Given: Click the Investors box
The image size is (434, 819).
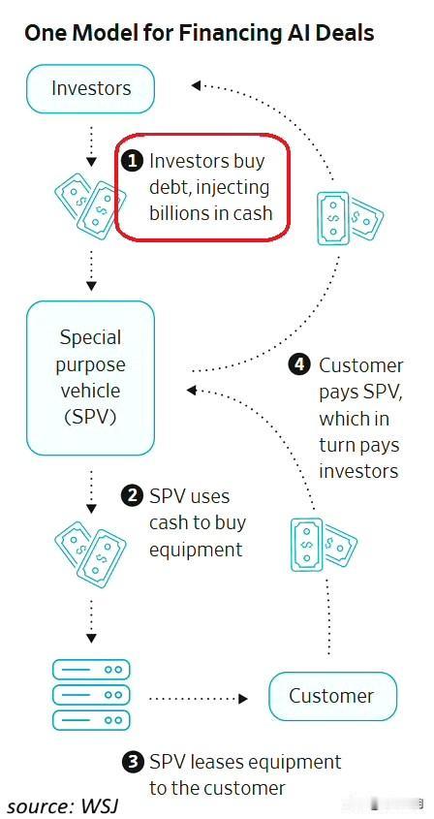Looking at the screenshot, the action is point(90,89).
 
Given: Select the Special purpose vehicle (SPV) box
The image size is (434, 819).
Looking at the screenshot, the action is point(90,378).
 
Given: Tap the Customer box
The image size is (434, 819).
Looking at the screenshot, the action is point(332,696).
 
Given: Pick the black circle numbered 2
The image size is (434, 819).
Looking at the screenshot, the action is point(132,495).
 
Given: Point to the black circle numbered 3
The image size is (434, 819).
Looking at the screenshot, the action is point(132,762).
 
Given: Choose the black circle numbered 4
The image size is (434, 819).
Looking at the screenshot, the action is point(299,365).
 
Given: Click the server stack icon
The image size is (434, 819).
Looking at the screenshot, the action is point(91,695).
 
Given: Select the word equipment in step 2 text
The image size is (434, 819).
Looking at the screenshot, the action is point(197,550).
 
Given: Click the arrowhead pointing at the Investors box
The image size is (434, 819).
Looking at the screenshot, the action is point(196,84).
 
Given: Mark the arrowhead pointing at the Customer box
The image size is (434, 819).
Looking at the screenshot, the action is point(242,698).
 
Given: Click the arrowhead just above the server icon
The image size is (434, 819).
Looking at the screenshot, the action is point(91,639).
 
